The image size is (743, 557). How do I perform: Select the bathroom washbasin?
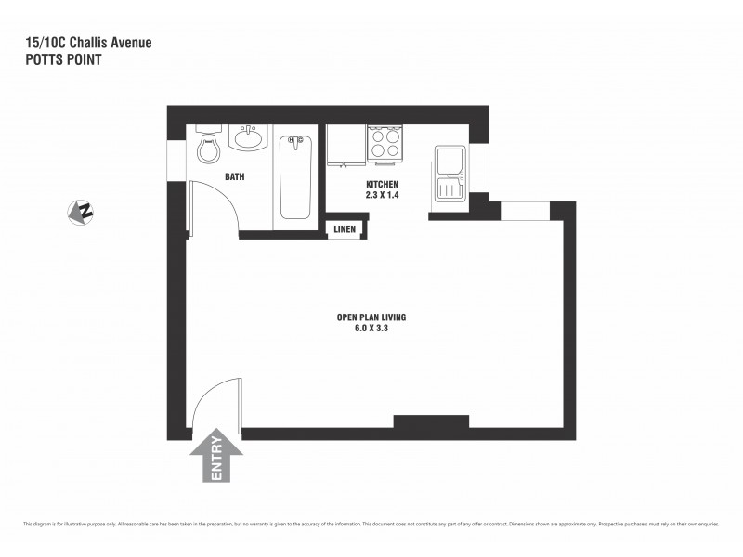[x=247, y=139]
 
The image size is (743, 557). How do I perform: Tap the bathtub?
[x=293, y=176]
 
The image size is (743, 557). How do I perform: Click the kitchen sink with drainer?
[x=450, y=175]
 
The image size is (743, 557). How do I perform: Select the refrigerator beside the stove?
[x=345, y=145]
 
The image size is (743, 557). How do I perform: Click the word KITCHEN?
[x=382, y=185]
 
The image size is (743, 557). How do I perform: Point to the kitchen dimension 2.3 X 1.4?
[x=382, y=195]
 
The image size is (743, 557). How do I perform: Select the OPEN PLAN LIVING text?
[x=371, y=317]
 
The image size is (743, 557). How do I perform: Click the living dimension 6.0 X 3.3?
[x=371, y=328]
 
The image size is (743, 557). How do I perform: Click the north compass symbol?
[x=81, y=213]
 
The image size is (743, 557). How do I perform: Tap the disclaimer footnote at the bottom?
[x=371, y=525]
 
